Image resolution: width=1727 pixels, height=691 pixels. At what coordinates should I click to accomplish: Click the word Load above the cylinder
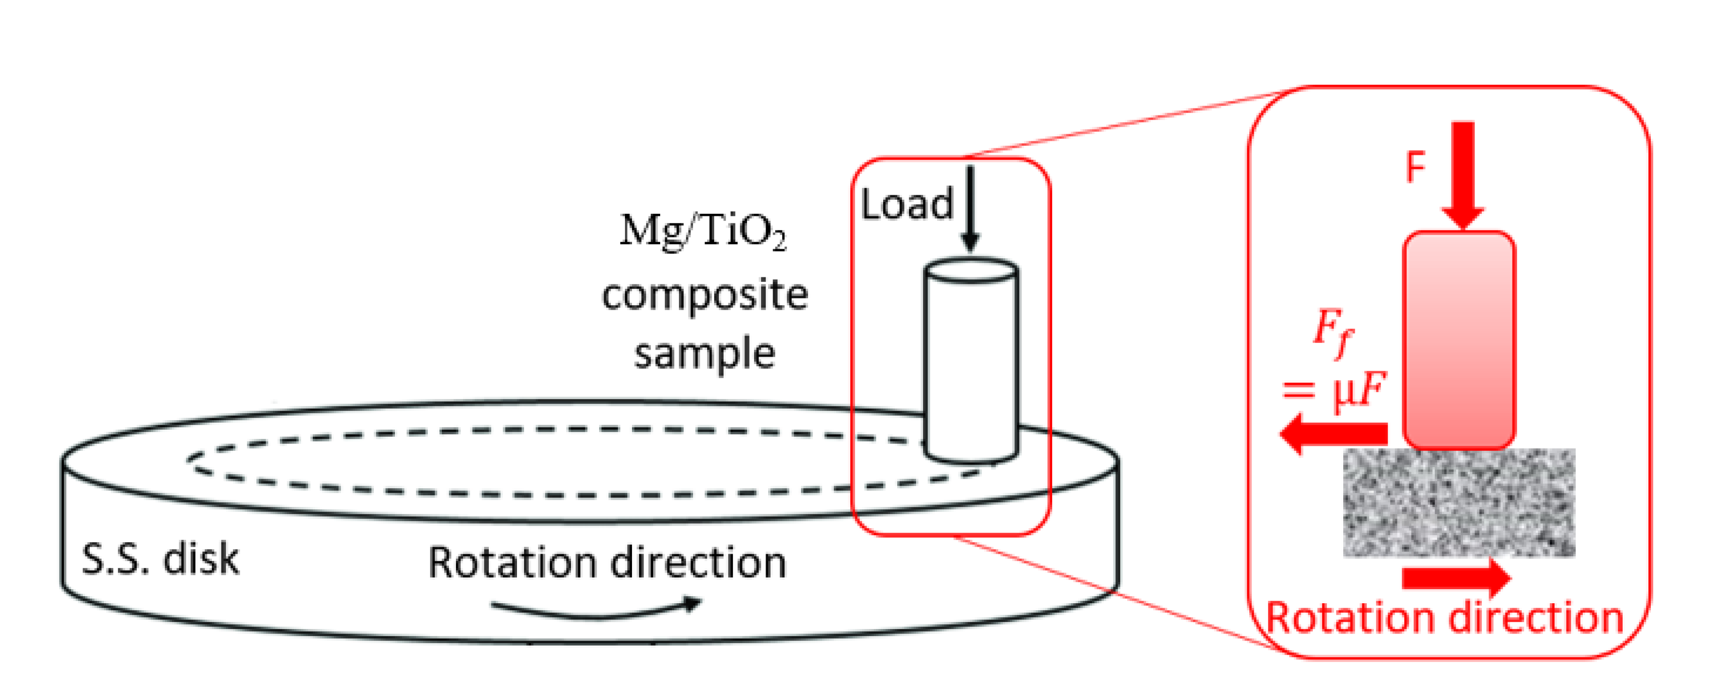(x=906, y=205)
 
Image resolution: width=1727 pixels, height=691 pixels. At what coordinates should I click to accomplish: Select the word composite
(x=705, y=296)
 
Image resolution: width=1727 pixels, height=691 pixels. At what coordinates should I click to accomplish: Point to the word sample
(x=705, y=353)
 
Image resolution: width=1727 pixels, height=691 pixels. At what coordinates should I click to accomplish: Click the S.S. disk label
(x=159, y=560)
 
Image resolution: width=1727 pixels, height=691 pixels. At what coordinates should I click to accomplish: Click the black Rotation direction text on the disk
(x=607, y=562)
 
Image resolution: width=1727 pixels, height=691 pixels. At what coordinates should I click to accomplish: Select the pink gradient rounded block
(x=1459, y=340)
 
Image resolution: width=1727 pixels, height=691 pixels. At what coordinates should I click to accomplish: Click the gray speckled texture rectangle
(x=1459, y=503)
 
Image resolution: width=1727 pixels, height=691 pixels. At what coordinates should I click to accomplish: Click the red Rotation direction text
(x=1444, y=618)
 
